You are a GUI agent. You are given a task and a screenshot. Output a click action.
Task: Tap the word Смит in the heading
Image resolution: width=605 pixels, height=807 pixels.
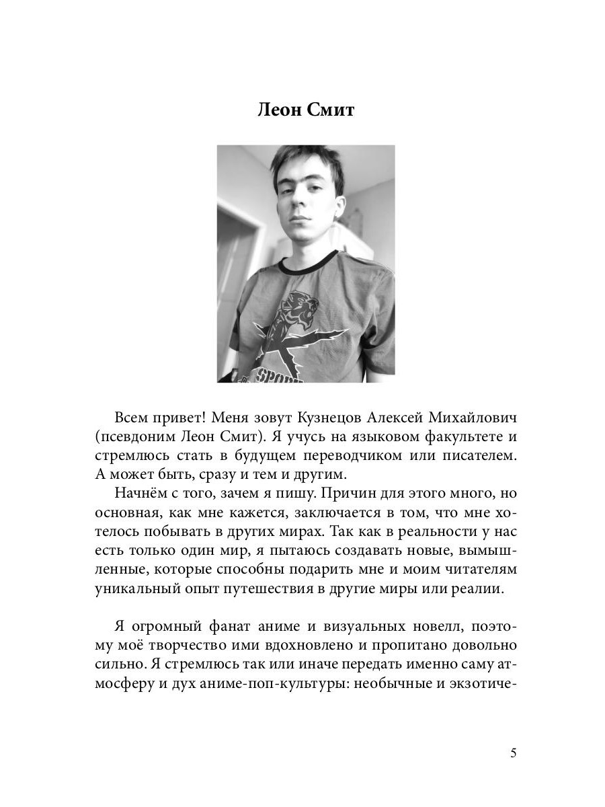[330, 110]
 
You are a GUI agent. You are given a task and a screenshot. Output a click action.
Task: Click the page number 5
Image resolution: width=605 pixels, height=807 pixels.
[513, 753]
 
